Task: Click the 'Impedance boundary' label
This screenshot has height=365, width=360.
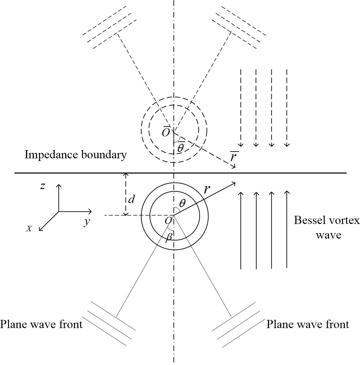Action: (76, 155)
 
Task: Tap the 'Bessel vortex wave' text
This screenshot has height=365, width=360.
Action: (327, 227)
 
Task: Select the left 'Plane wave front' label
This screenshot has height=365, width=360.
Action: (41, 324)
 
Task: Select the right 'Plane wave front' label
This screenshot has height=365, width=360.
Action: (308, 324)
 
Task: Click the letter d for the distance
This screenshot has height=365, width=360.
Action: (131, 200)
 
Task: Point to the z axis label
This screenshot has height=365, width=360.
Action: (42, 186)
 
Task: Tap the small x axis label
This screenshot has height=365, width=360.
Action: (29, 229)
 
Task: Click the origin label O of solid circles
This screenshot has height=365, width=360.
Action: (168, 221)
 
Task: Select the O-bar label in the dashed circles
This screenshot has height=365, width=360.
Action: (166, 132)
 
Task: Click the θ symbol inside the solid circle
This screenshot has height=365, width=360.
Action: (182, 203)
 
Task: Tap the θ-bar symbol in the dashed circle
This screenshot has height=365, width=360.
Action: (181, 147)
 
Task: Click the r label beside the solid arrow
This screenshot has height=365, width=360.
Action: (207, 189)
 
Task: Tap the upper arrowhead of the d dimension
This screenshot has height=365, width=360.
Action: (126, 174)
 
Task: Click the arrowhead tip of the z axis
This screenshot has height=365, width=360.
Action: (59, 185)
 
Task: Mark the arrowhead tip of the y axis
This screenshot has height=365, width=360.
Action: (91, 211)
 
